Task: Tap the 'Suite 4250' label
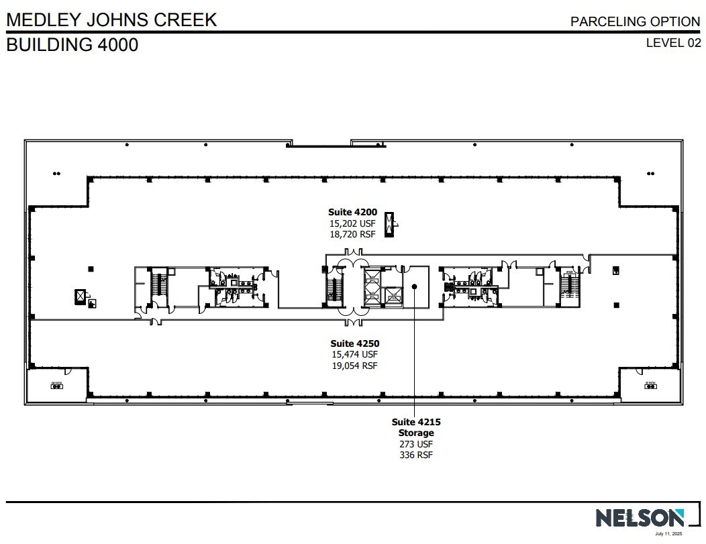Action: point(354,343)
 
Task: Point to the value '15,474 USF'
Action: point(354,354)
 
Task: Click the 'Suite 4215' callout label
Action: point(416,422)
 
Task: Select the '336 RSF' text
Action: point(416,455)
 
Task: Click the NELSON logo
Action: point(640,517)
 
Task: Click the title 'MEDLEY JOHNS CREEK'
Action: point(111,20)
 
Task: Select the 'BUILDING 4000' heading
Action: point(72,45)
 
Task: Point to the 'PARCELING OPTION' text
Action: point(635,21)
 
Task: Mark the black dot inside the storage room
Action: point(415,286)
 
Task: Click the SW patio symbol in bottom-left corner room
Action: point(56,385)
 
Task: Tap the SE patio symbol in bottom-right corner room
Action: point(650,385)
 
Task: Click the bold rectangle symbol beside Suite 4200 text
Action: point(389,224)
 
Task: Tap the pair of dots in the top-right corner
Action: point(650,174)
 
